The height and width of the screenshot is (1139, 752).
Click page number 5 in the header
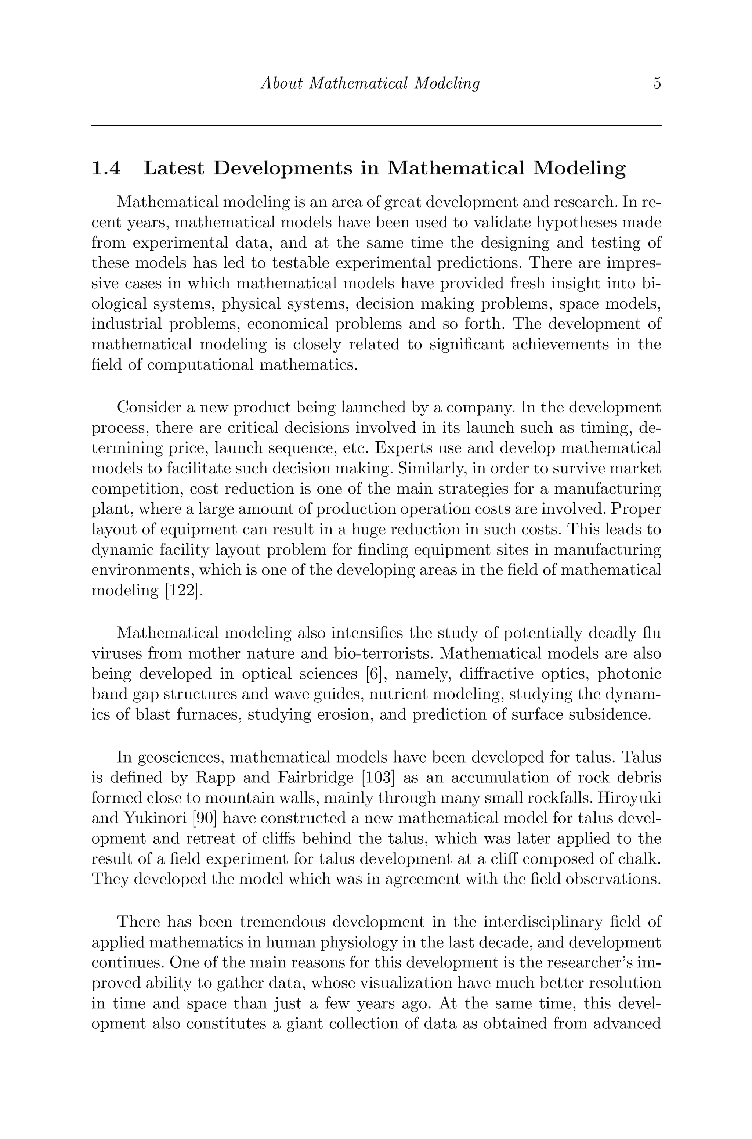pyautogui.click(x=657, y=83)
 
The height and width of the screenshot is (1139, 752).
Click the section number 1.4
pyautogui.click(x=106, y=168)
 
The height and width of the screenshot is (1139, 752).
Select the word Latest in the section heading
pyautogui.click(x=174, y=168)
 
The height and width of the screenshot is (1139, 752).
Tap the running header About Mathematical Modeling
pyautogui.click(x=370, y=83)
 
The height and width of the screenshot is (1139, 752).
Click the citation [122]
pyautogui.click(x=181, y=590)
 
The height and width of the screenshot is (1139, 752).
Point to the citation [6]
pyautogui.click(x=373, y=674)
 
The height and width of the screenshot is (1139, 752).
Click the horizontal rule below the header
pyautogui.click(x=376, y=125)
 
